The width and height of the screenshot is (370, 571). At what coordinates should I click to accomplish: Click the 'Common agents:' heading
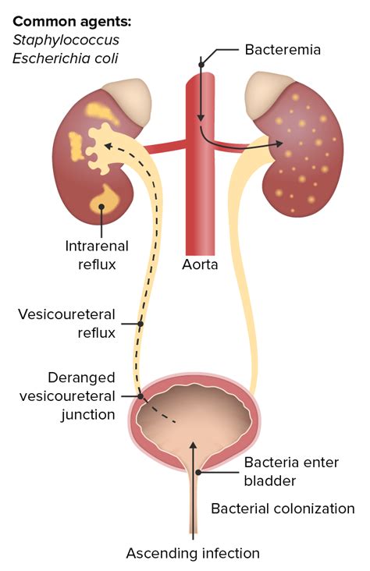click(72, 22)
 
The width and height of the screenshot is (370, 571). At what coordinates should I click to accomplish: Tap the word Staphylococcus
click(66, 40)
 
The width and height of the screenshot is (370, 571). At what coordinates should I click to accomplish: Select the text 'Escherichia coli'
click(66, 59)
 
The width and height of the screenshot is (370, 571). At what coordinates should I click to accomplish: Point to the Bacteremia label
click(283, 49)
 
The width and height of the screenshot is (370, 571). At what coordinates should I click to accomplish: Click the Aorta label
click(200, 264)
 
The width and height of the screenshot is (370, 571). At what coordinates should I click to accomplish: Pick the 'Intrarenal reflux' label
click(97, 255)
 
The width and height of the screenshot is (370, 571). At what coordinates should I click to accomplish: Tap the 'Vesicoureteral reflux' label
click(66, 324)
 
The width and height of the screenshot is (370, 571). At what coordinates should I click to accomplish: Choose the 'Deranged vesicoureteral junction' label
click(67, 395)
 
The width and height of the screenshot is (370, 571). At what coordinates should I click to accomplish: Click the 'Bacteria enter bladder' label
click(291, 472)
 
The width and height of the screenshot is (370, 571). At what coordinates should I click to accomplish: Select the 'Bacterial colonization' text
click(283, 509)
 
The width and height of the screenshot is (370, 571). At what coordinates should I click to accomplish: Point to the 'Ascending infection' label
click(193, 554)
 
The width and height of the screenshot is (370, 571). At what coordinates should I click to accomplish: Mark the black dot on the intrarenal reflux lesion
click(101, 207)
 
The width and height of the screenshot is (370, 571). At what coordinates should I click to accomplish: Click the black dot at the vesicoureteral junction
click(141, 396)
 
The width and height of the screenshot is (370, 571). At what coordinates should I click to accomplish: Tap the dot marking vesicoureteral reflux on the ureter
click(141, 324)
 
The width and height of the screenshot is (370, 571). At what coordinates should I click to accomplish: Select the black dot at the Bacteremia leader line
click(201, 65)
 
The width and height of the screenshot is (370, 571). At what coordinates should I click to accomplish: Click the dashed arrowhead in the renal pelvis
click(109, 146)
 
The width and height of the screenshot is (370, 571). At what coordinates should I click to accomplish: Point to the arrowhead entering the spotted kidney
click(279, 144)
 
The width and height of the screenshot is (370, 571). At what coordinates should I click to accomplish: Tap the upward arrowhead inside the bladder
click(194, 445)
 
